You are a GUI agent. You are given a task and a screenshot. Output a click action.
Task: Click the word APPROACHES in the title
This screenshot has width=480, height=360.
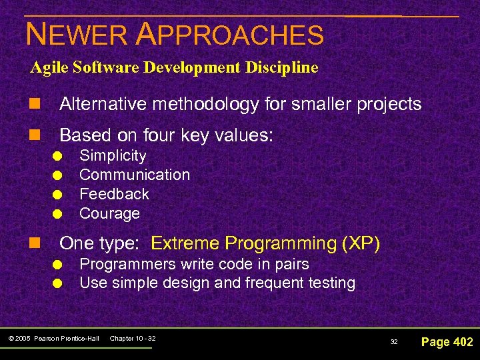(229, 34)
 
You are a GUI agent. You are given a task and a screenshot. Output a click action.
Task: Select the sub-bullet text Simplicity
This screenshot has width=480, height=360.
(113, 156)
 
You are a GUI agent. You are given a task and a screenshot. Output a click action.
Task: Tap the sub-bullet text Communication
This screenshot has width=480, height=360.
(135, 175)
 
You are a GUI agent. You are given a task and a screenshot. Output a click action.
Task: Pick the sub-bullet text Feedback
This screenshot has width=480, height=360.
(114, 194)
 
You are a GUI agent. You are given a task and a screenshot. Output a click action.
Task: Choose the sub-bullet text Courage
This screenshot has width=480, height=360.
(109, 213)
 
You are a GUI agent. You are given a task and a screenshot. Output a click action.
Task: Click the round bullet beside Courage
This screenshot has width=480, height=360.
(59, 214)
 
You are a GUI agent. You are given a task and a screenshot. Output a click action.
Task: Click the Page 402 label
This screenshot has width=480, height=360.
(447, 342)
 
